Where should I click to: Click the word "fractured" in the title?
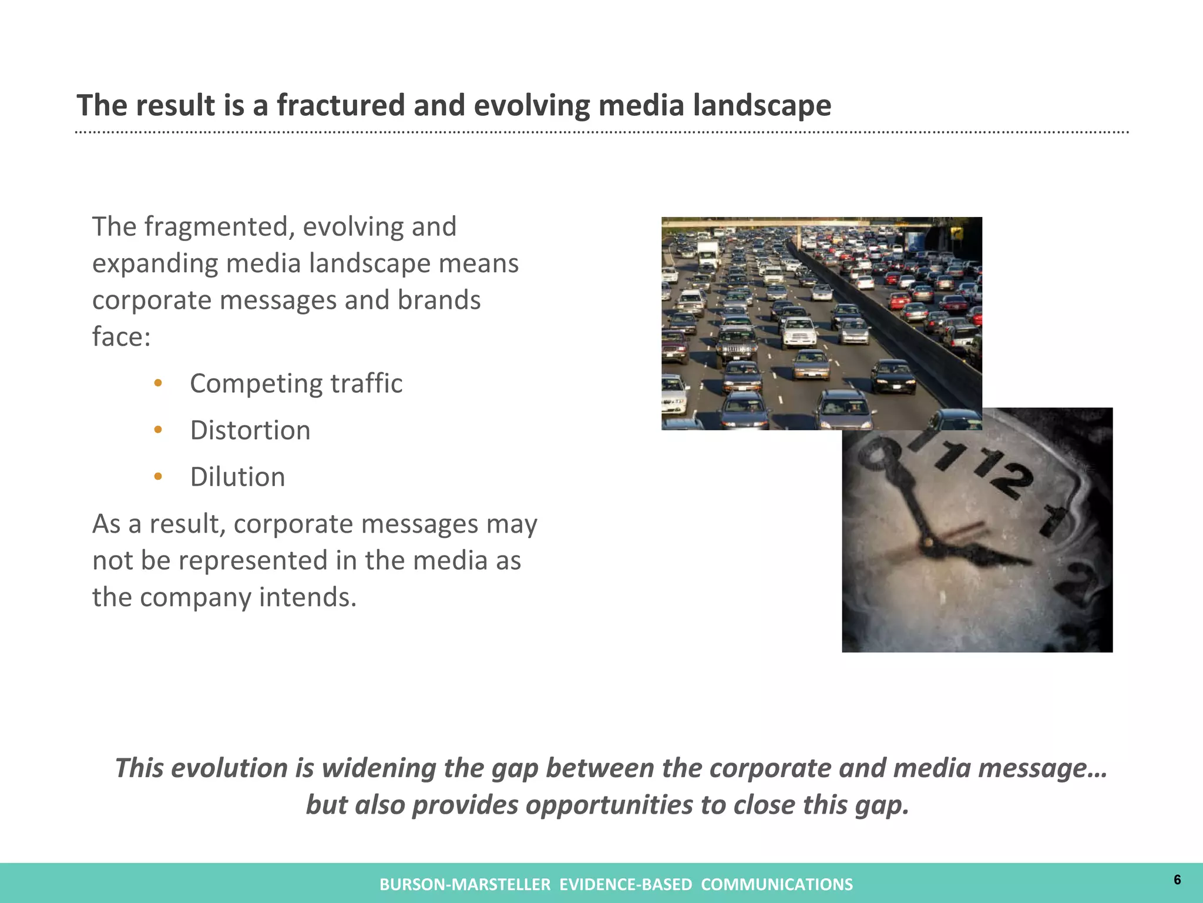341,106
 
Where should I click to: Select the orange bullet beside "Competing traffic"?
157,384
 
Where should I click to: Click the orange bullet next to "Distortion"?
157,430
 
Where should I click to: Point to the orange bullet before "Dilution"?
157,477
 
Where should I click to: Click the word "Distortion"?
250,430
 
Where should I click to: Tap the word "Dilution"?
237,477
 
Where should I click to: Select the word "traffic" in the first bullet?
367,384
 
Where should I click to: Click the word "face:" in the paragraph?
122,337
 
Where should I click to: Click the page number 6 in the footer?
1177,879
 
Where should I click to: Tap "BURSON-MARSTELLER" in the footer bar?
465,885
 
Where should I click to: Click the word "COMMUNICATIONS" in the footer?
777,885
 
